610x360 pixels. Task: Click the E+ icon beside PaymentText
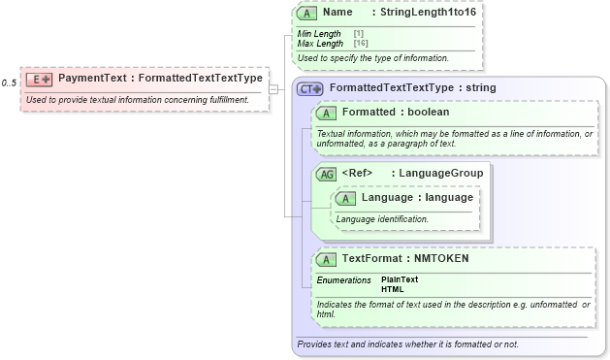(39, 79)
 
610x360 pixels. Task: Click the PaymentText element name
(92, 78)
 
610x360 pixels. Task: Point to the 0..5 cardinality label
(9, 83)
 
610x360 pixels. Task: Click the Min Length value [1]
(359, 34)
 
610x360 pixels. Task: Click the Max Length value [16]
(360, 44)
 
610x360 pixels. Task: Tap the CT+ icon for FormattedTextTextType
(309, 88)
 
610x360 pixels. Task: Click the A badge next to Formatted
(327, 113)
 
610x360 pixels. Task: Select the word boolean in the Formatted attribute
(428, 113)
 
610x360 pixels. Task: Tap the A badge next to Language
(346, 198)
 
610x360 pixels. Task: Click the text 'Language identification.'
(382, 219)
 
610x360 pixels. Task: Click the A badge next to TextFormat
(327, 260)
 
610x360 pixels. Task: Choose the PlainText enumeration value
(400, 279)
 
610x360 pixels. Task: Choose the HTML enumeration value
(393, 289)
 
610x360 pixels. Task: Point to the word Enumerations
(343, 279)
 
